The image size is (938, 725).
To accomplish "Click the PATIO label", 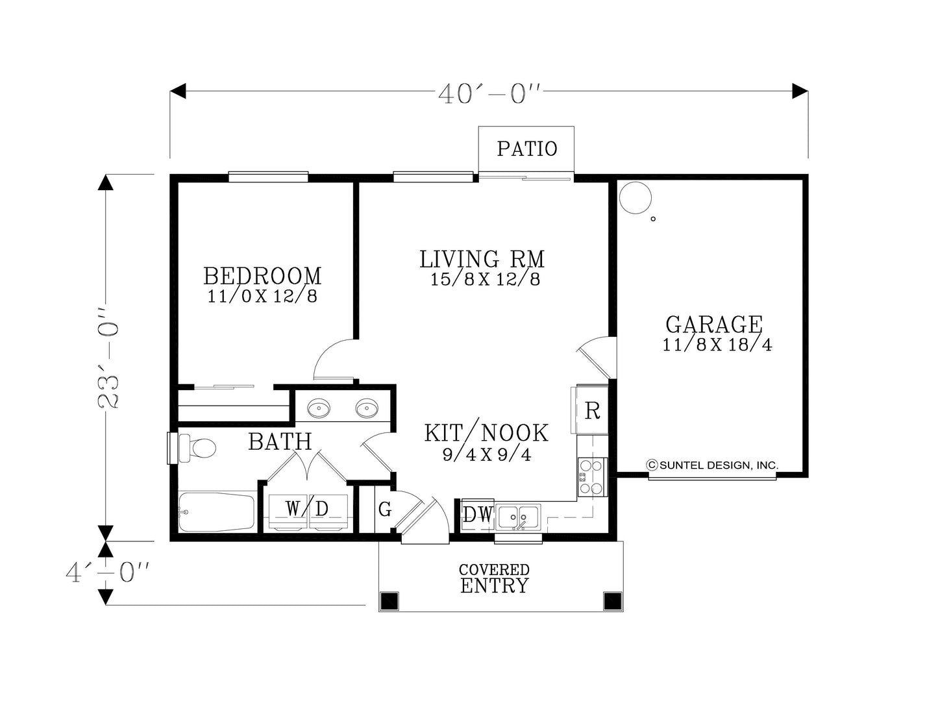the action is point(527,149).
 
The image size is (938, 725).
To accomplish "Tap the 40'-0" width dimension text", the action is point(489,93).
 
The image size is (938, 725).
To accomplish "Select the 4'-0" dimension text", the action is point(108,572).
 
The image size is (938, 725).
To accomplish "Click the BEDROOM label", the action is point(262,276).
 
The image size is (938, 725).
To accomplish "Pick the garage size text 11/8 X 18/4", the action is point(717,345).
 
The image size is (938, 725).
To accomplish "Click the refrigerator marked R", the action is point(591,410).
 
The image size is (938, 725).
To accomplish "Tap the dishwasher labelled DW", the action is point(478,514).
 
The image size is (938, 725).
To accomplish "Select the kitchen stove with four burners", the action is point(592,477).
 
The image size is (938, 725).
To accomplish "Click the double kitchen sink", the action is point(517,516).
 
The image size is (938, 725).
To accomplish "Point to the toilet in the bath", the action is point(197,449).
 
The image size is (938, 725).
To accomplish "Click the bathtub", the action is point(217,513).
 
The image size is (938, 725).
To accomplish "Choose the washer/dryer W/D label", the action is point(307,510).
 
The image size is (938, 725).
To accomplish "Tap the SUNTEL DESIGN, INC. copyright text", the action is point(712,465).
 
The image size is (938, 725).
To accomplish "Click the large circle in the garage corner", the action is point(635,198).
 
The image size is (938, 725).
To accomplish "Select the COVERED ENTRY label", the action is point(494,578).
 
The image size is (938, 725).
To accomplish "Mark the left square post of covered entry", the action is point(389,601).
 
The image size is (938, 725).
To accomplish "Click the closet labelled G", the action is point(385,510).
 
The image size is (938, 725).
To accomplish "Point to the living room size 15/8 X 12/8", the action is point(485,279).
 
